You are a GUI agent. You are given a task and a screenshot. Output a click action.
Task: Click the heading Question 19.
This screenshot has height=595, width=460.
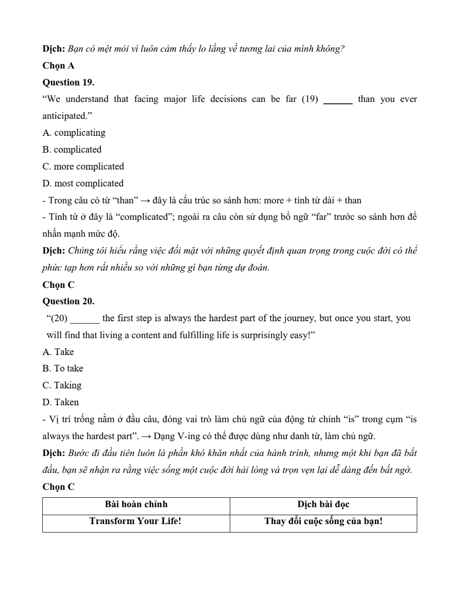click(68, 82)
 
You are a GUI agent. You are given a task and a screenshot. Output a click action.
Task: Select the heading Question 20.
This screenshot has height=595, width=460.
click(68, 301)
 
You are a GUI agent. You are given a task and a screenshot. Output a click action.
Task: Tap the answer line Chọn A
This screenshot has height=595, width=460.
click(58, 65)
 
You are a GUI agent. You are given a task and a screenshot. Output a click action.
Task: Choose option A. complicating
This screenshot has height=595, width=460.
click(74, 132)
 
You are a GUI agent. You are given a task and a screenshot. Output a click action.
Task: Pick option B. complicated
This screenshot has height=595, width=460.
click(72, 149)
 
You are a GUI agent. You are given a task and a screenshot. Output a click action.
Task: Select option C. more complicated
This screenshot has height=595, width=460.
click(83, 166)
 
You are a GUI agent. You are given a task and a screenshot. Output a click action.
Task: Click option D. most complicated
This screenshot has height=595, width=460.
click(83, 183)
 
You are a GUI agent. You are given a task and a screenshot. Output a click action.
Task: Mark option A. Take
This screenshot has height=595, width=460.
click(58, 352)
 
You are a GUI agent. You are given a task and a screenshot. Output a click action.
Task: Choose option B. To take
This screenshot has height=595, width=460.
click(62, 368)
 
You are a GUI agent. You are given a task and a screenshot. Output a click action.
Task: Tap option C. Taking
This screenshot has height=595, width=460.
click(62, 385)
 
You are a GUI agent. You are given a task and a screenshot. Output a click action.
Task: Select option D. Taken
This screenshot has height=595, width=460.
click(61, 402)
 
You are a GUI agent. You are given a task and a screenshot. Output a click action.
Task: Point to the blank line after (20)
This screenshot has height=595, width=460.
click(85, 320)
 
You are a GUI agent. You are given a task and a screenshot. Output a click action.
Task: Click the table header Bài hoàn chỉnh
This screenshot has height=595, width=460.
click(136, 504)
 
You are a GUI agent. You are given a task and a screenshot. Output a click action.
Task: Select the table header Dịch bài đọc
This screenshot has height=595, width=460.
click(323, 504)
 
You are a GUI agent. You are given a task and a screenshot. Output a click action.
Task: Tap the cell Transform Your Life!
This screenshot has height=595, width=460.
click(135, 521)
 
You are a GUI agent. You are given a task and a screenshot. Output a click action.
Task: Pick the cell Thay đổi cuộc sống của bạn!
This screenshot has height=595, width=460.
click(323, 521)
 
